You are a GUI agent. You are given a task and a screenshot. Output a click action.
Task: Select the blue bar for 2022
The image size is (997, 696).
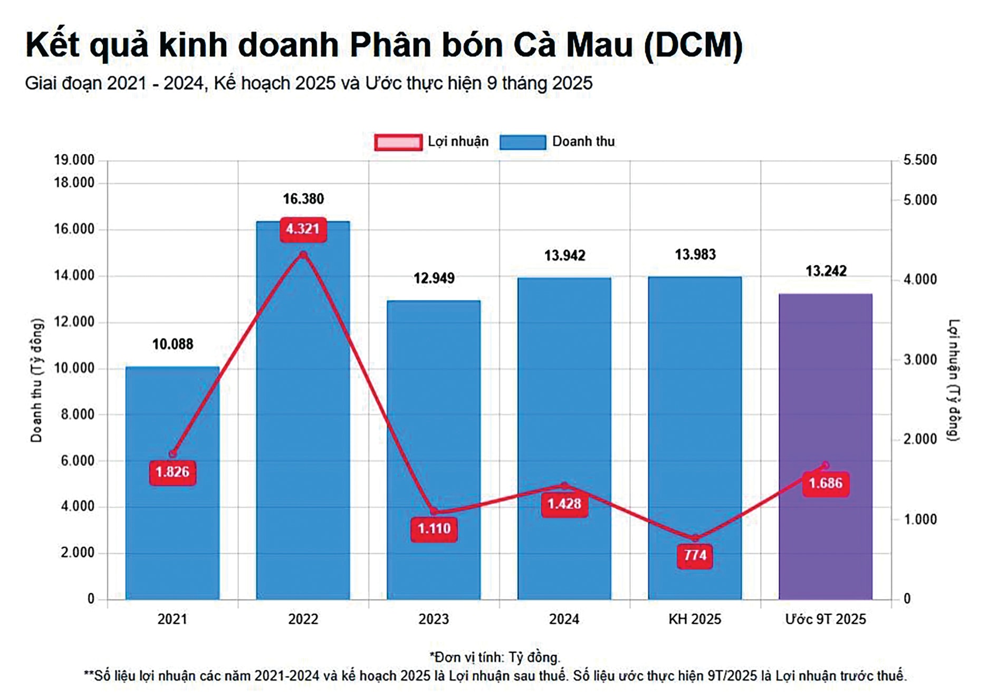303,422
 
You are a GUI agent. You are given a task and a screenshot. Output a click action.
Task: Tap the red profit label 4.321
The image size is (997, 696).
303,229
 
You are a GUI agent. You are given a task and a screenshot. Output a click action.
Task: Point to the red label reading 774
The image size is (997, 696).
695,555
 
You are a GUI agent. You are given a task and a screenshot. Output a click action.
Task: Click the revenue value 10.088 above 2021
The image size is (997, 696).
172,344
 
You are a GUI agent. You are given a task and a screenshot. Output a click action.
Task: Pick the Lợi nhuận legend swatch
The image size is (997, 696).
398,142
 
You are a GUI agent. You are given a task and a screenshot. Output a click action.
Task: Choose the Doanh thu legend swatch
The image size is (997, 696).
522,142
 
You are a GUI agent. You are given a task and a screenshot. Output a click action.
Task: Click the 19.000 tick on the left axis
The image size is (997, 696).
74,160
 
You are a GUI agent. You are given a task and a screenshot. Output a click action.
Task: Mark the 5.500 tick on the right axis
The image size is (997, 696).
920,160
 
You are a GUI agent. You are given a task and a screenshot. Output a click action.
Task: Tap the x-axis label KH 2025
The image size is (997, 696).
694,619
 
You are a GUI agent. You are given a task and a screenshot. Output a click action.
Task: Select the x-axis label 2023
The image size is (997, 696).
434,619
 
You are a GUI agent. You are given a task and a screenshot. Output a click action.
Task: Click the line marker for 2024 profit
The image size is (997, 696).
564,485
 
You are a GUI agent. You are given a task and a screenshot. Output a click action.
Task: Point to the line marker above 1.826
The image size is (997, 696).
172,454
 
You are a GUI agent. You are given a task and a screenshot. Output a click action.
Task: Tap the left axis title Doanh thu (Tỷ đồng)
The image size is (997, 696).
36,380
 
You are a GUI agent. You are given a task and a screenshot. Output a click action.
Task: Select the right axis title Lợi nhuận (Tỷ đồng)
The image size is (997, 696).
954,380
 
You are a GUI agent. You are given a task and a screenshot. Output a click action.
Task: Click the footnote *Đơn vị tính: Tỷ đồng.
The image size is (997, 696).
495,658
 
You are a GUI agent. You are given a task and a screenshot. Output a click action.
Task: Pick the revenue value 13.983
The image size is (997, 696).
695,255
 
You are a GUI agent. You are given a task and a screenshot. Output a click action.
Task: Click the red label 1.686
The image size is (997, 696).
826,484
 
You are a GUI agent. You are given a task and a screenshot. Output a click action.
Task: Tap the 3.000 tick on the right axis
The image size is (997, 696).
920,360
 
